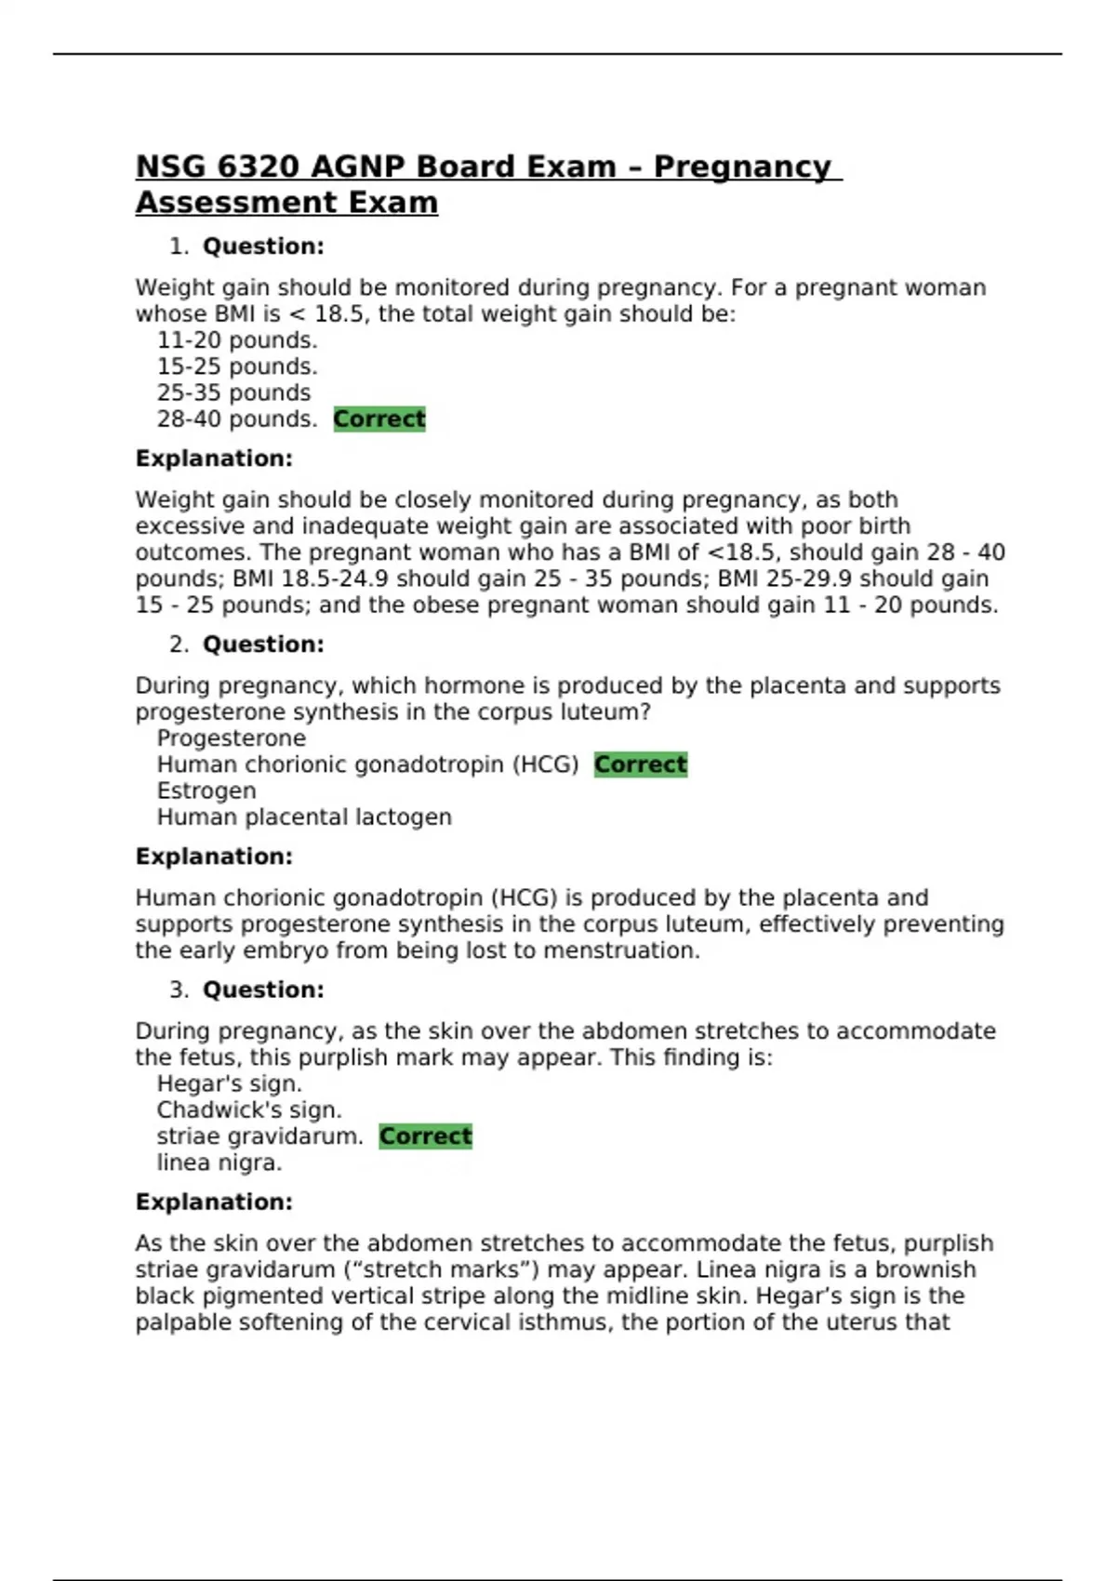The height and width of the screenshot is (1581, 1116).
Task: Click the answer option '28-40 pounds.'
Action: tap(236, 419)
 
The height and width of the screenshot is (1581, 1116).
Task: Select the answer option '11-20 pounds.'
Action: tap(236, 340)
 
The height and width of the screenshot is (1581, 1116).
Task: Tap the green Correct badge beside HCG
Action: tap(640, 764)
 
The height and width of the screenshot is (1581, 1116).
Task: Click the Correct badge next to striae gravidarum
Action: tap(425, 1136)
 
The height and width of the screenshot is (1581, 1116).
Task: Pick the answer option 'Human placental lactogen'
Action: tap(304, 817)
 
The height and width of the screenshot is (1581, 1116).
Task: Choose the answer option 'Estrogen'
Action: tap(206, 791)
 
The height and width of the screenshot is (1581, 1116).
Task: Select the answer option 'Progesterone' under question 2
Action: tap(231, 738)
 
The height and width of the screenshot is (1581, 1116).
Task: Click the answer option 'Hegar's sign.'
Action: tap(229, 1084)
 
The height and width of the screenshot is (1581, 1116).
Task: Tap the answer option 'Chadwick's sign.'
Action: tap(249, 1110)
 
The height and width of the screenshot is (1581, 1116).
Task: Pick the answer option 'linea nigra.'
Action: tap(219, 1163)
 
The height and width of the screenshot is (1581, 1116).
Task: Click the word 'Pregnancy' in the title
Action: tap(742, 167)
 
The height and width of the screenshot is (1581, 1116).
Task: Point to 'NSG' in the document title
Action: tap(171, 167)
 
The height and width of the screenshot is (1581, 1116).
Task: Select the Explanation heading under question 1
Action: tap(214, 458)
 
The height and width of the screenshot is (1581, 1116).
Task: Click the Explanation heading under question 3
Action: tap(214, 1202)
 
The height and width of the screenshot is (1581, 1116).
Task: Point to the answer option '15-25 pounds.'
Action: tap(236, 366)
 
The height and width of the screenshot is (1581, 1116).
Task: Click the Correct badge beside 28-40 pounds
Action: tap(379, 419)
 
